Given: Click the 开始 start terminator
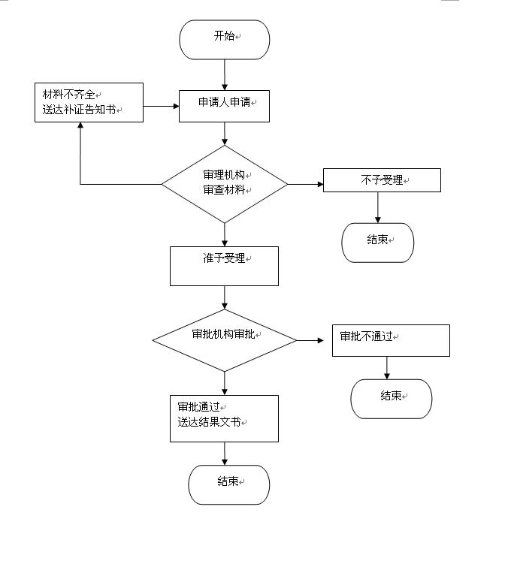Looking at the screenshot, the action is click(x=224, y=40).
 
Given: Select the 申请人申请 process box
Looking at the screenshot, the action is click(x=224, y=106).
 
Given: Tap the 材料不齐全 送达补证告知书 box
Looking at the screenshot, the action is click(x=89, y=103).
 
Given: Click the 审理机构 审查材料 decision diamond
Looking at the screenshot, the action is click(x=225, y=184).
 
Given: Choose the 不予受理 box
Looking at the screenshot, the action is click(x=382, y=179).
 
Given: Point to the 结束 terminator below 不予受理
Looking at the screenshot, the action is click(x=377, y=243).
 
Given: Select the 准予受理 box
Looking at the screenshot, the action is click(x=224, y=266).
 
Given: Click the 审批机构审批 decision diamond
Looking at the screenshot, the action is click(x=225, y=340).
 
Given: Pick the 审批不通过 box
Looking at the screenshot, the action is click(x=391, y=341).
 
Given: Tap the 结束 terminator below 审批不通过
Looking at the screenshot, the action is click(x=392, y=399).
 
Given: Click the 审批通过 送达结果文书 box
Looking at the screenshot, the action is click(x=224, y=419).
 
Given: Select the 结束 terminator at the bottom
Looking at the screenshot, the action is click(x=229, y=484).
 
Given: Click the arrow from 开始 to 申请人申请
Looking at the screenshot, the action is click(x=225, y=75).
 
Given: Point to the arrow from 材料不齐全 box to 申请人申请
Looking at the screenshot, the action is click(x=162, y=106).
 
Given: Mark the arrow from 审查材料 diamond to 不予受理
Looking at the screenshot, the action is click(x=306, y=184).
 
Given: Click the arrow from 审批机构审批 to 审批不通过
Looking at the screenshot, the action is click(x=310, y=340).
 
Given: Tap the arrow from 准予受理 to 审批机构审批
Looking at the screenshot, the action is click(x=225, y=298).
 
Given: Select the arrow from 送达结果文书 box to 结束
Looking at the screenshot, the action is click(x=225, y=454).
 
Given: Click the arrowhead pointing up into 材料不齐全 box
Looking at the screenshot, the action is click(x=80, y=125).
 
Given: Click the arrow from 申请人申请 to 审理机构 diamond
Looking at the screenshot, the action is click(x=225, y=134).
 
